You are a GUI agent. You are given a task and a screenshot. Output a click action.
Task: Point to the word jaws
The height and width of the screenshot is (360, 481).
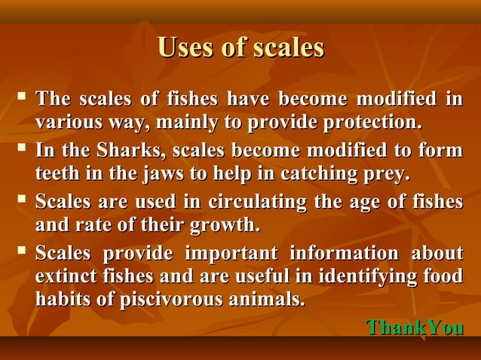(161, 175)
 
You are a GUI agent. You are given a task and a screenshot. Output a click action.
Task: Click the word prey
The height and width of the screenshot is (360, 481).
(388, 175)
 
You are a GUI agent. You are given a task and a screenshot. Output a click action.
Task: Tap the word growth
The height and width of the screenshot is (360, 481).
(225, 225)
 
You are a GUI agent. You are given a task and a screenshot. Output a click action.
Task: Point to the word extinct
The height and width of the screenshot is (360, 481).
(66, 276)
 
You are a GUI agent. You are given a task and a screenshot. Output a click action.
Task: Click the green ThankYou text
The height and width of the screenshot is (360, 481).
(414, 328)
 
